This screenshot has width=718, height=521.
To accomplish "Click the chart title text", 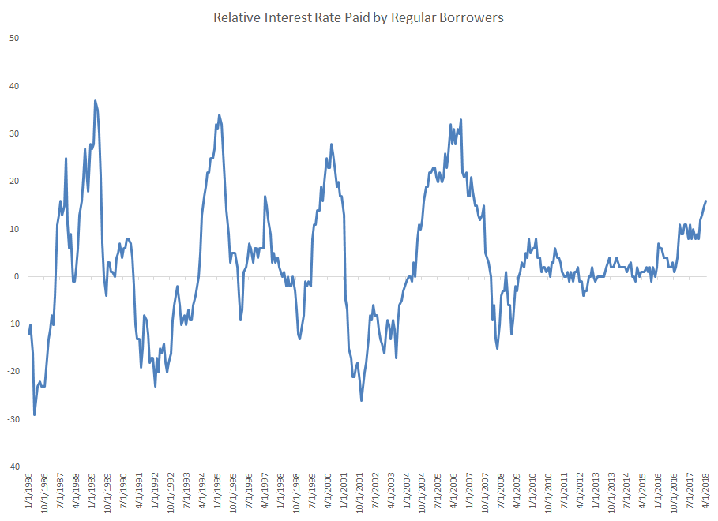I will (x=359, y=17).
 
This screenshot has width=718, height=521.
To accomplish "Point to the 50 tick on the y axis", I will (x=13, y=38).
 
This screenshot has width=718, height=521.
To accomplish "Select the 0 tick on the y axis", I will (x=17, y=277).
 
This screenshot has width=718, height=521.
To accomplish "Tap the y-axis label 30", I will (x=13, y=133).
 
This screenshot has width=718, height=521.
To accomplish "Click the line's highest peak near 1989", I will (x=95, y=101).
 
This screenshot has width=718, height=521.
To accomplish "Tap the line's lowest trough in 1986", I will (x=34, y=414).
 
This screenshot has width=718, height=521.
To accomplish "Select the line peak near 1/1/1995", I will (x=220, y=115).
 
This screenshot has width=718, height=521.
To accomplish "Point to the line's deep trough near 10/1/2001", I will (x=362, y=400).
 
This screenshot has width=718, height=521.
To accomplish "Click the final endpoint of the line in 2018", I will (x=705, y=201).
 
